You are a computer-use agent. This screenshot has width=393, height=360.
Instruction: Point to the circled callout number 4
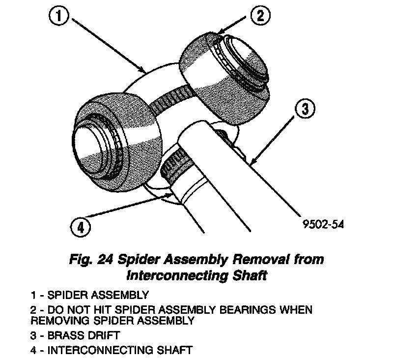pyautogui.click(x=81, y=227)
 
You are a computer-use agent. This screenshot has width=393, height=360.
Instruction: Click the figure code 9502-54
pyautogui.click(x=323, y=224)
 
